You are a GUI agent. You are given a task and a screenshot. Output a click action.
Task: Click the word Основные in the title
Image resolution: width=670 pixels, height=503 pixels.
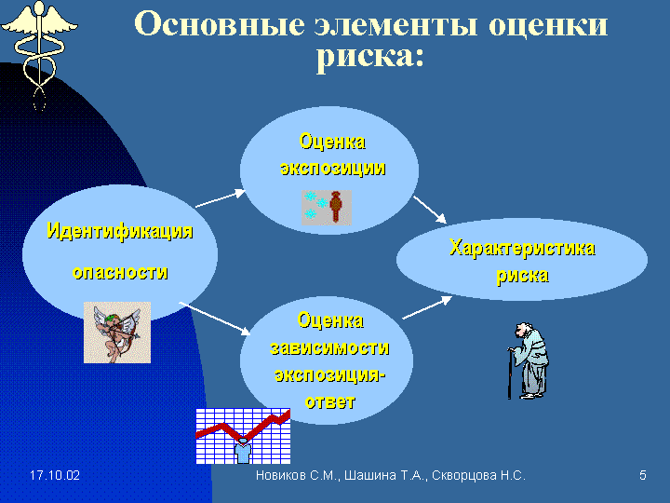point(220,24)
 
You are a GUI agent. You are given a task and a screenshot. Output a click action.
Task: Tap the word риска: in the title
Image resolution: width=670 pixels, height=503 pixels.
point(370,57)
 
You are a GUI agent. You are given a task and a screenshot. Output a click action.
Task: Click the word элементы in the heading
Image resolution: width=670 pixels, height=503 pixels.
point(395,25)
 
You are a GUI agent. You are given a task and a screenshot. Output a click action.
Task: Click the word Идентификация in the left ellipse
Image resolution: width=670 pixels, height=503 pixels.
point(120,231)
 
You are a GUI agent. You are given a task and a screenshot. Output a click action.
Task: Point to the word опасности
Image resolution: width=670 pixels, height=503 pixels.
point(120,272)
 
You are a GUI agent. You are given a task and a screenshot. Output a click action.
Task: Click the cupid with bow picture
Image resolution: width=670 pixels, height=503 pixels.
point(117,333)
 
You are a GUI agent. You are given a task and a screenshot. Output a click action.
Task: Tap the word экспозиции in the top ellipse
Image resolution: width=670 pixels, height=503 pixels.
point(333,168)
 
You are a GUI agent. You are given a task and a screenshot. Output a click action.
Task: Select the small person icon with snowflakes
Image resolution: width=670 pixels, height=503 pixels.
point(327,208)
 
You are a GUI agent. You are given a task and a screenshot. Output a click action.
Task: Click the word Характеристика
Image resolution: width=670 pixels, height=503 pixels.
point(522,249)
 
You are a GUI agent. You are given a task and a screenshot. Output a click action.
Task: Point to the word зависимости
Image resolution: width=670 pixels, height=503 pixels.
point(329,348)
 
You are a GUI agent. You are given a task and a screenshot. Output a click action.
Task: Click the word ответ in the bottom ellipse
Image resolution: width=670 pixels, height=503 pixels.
point(329,402)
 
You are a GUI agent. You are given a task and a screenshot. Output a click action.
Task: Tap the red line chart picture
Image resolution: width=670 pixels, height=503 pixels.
point(243,436)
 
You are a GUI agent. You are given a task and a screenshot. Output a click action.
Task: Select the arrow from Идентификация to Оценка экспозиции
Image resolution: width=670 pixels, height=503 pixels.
point(221,199)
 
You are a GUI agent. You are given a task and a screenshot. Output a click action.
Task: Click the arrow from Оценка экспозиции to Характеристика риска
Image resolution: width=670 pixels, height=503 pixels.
point(429,210)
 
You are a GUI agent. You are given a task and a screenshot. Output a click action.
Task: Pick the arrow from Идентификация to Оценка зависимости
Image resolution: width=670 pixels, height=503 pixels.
point(215,319)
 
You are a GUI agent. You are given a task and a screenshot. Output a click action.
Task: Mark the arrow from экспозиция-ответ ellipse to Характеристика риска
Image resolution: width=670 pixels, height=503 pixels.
point(427,307)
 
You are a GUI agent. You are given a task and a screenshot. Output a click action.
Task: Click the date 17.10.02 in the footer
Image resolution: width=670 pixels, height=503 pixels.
point(55,476)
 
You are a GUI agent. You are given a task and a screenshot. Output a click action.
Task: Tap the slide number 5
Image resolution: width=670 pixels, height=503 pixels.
point(643,476)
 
